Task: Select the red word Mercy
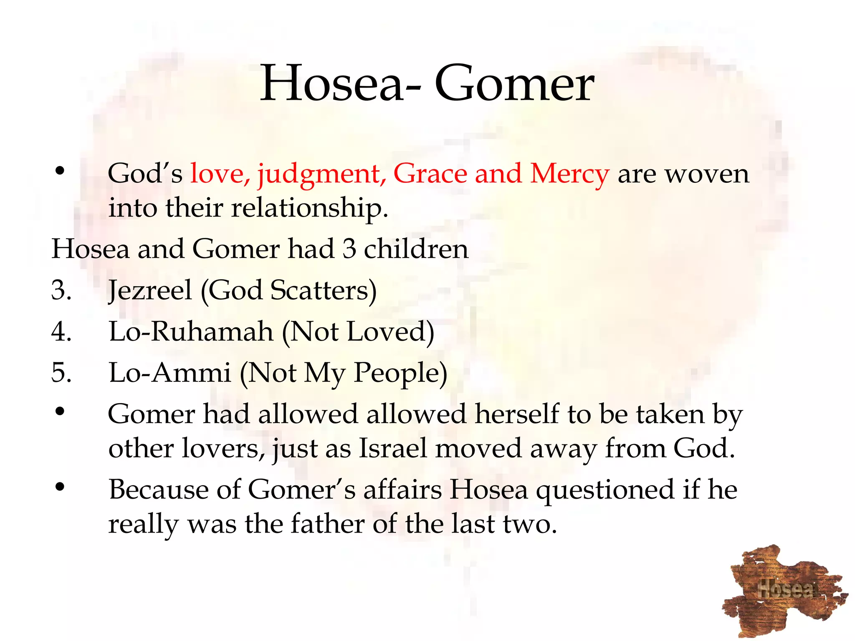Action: [x=569, y=174]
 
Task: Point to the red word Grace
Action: [x=430, y=174]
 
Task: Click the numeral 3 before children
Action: [x=349, y=249]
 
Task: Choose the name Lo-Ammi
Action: [x=169, y=373]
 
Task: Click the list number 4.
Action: [x=61, y=332]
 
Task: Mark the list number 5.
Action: [x=61, y=373]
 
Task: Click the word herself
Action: [x=517, y=414]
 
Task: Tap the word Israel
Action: [x=393, y=449]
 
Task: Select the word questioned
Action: [x=605, y=490]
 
